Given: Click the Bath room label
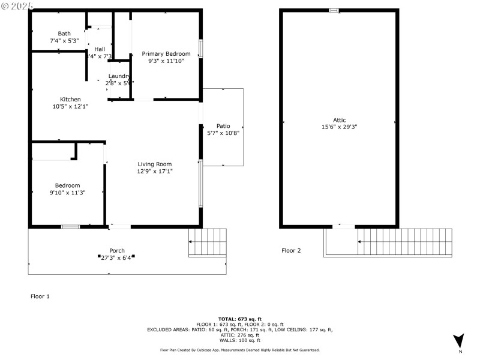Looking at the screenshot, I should [x=64, y=33].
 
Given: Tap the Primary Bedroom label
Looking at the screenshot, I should [x=166, y=53].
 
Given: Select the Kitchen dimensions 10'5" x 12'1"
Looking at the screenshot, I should [x=70, y=106].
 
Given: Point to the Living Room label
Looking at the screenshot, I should [x=155, y=164].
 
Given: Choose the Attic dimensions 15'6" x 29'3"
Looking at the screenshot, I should [x=339, y=127].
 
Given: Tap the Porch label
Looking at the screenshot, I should [x=117, y=250].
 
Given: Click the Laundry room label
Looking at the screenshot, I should [x=119, y=76].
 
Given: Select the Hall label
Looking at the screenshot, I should [x=100, y=49].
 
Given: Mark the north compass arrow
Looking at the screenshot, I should [x=459, y=340].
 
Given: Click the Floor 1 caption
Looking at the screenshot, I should [x=40, y=296].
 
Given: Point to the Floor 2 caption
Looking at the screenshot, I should [x=292, y=250].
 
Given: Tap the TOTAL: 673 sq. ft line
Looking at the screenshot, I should [x=239, y=319].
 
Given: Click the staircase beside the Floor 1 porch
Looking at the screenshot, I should [x=208, y=242].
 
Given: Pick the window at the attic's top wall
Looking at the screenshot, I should [x=334, y=10].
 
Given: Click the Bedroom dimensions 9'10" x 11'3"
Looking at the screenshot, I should [x=67, y=193].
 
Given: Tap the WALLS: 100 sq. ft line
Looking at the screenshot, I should [x=239, y=340].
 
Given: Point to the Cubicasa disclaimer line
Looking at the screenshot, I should [x=239, y=350].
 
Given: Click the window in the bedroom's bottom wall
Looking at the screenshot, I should [x=70, y=227].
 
